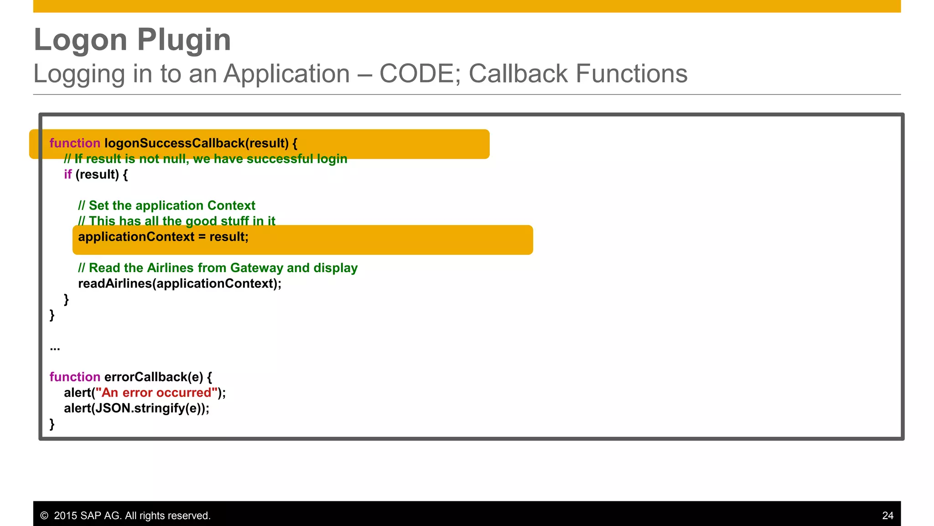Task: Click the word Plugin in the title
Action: (x=184, y=40)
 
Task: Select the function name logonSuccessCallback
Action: (x=175, y=143)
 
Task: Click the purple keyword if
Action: (x=67, y=174)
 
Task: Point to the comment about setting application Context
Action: (x=166, y=205)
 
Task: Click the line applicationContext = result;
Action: (x=163, y=237)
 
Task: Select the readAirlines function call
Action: (x=179, y=284)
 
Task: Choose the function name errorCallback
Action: (x=153, y=377)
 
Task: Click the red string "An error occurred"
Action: (x=156, y=393)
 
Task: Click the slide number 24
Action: (x=887, y=515)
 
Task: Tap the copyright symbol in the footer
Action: (x=44, y=515)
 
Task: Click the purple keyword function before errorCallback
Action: (x=75, y=377)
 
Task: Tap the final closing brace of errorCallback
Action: (x=52, y=424)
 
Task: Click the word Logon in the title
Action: (x=80, y=40)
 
